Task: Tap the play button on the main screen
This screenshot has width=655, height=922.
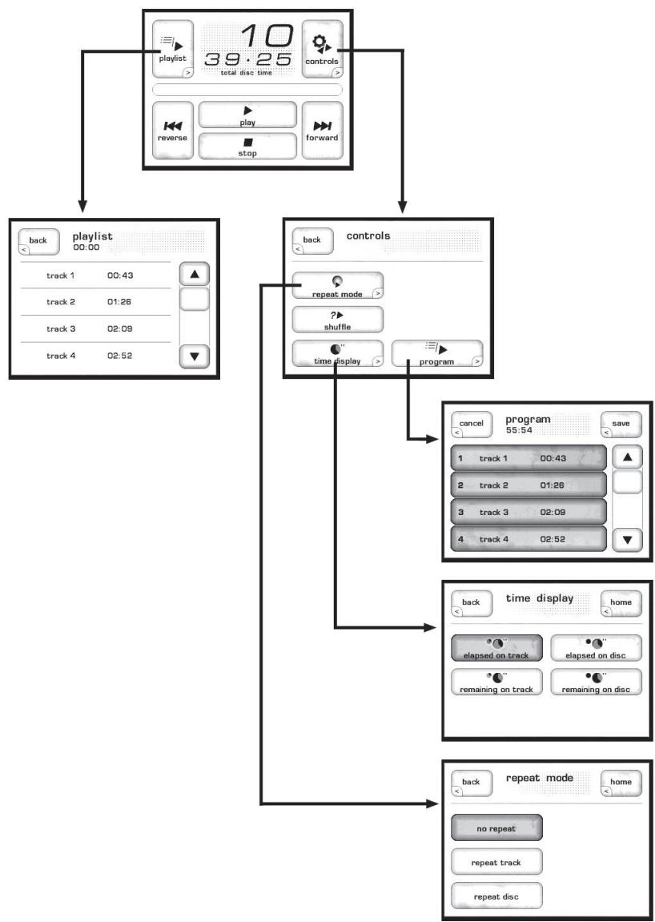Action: click(247, 115)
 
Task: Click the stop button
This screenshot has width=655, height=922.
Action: click(247, 146)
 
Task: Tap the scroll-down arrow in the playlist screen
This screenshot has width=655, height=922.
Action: click(194, 354)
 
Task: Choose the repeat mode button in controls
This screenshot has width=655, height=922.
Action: click(337, 286)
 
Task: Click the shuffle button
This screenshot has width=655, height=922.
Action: click(337, 319)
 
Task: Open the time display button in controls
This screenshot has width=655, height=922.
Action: click(337, 354)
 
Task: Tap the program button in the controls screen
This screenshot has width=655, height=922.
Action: click(437, 354)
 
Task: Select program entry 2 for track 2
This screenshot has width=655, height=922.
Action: click(527, 485)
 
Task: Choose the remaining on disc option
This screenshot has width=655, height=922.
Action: click(597, 681)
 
